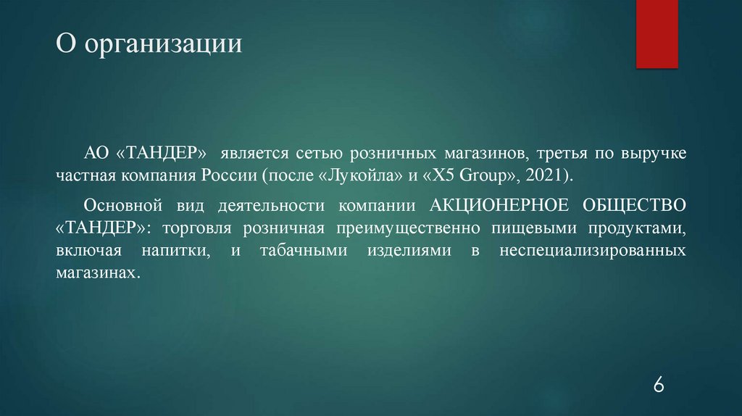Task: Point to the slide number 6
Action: tap(658, 384)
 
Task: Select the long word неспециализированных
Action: tap(593, 251)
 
